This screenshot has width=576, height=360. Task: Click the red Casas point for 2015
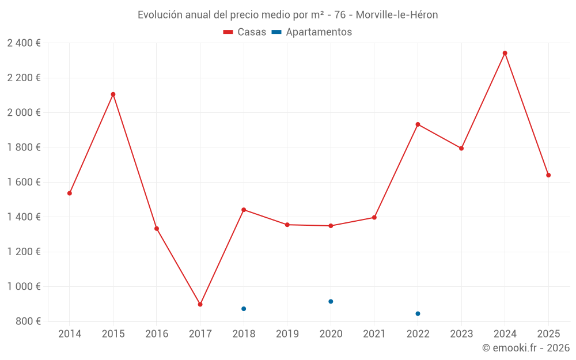coord(113,94)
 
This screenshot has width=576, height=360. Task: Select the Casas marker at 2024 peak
coord(505,53)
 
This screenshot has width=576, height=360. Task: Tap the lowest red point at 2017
coord(200,304)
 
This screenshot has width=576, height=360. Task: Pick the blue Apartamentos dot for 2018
coord(244,309)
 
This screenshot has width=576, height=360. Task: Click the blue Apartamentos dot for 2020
coord(331,301)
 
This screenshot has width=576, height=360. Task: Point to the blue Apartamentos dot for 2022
coord(418,313)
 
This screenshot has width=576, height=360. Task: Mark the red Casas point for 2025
coord(548,175)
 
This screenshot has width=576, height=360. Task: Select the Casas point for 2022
coord(418,124)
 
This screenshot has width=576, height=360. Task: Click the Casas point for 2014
coord(70,193)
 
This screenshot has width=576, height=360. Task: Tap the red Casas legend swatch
coord(228,32)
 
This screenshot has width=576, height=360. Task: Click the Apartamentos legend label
coord(319,32)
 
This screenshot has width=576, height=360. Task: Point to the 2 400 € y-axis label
coord(24,43)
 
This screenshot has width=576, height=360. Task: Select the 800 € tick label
coord(28,321)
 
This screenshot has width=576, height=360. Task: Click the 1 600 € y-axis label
coord(24,182)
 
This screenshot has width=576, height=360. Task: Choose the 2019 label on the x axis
coord(287,334)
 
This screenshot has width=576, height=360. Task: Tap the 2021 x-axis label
coord(374,334)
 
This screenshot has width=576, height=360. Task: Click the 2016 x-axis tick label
coord(157,334)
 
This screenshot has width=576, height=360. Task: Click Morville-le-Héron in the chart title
coord(397,15)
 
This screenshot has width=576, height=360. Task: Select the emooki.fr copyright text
coord(526,348)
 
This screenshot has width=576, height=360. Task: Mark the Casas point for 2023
coord(461,148)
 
